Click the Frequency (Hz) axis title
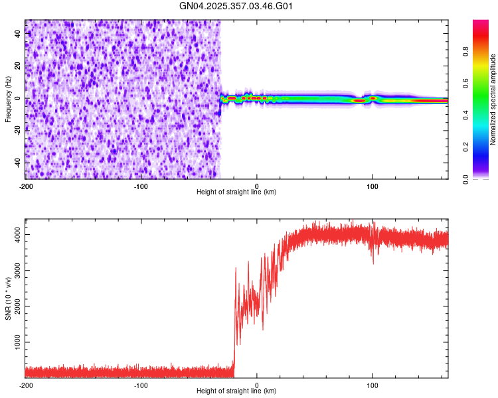pos(8,99)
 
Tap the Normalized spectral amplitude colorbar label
pos(493,99)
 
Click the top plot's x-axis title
pos(236,192)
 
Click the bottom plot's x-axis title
pos(236,391)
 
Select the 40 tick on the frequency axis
pos(17,34)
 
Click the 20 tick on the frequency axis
pos(17,66)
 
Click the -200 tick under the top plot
pos(25,186)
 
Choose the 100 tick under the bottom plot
pos(373,385)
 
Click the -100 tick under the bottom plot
pos(141,385)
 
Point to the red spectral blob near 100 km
pos(373,98)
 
